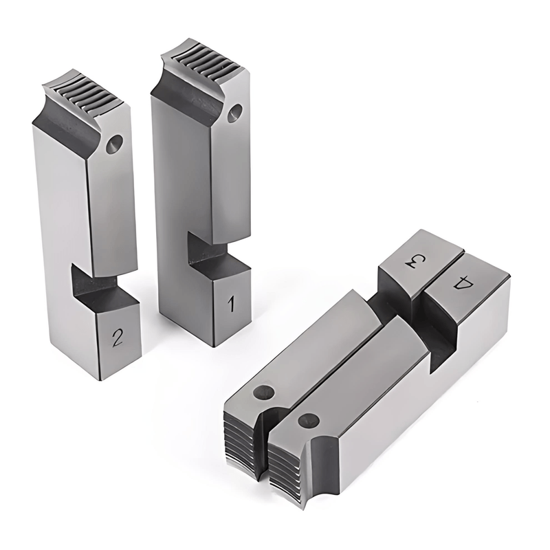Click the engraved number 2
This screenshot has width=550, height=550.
click(x=118, y=336)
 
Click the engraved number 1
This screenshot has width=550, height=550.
click(x=230, y=302)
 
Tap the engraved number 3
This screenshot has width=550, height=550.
click(x=413, y=262)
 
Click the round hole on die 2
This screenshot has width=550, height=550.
click(x=114, y=144)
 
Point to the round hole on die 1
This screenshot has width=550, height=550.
click(x=235, y=111)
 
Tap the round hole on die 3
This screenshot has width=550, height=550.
click(x=263, y=393)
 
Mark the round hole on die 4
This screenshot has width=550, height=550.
click(x=308, y=420)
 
